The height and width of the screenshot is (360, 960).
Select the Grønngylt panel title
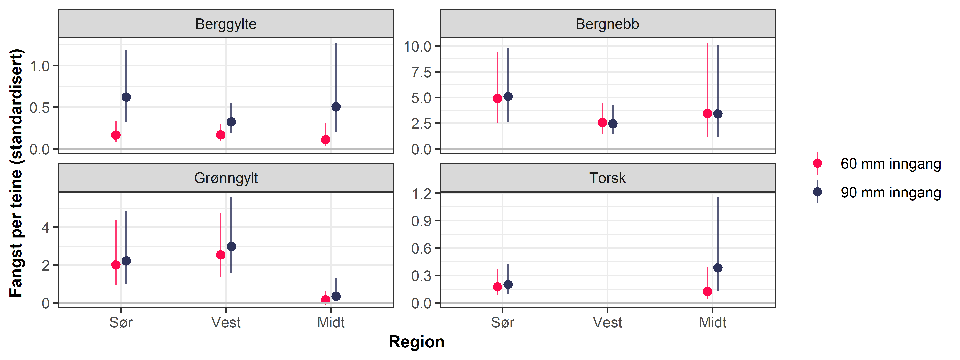click(x=226, y=178)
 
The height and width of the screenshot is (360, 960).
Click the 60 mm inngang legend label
click(x=890, y=164)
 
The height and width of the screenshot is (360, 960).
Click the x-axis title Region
click(x=416, y=342)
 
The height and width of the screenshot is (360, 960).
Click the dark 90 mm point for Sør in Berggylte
click(x=126, y=97)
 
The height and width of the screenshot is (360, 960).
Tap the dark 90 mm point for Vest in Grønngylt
click(x=231, y=247)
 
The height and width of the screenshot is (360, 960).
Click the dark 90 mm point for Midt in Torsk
click(x=718, y=268)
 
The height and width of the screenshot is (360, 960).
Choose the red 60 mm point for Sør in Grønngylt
click(x=116, y=265)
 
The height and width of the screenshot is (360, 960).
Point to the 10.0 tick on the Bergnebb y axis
click(x=417, y=47)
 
